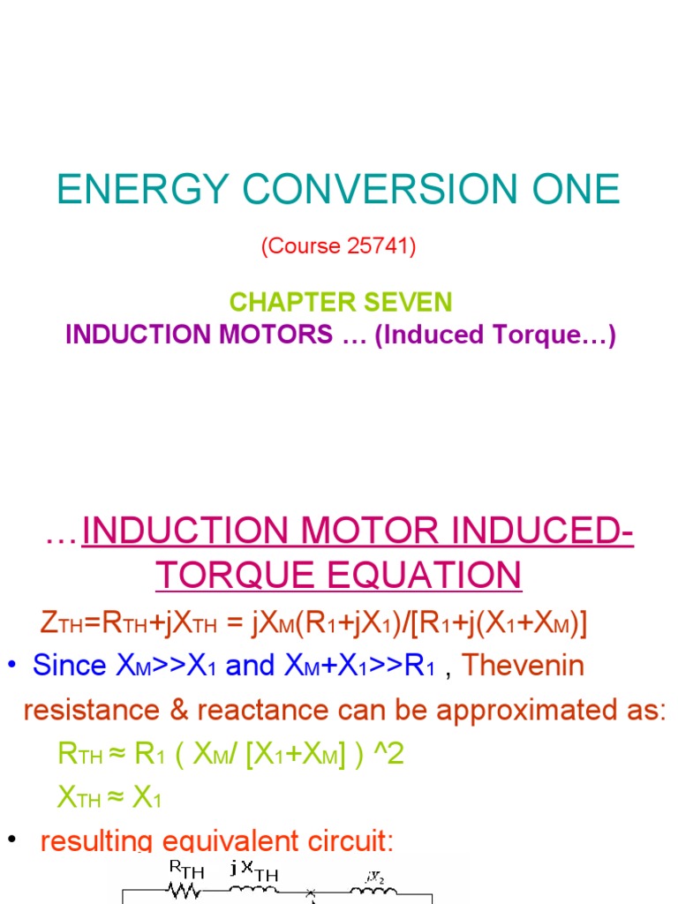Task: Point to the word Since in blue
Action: point(70,665)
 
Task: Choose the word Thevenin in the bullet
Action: point(524,665)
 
